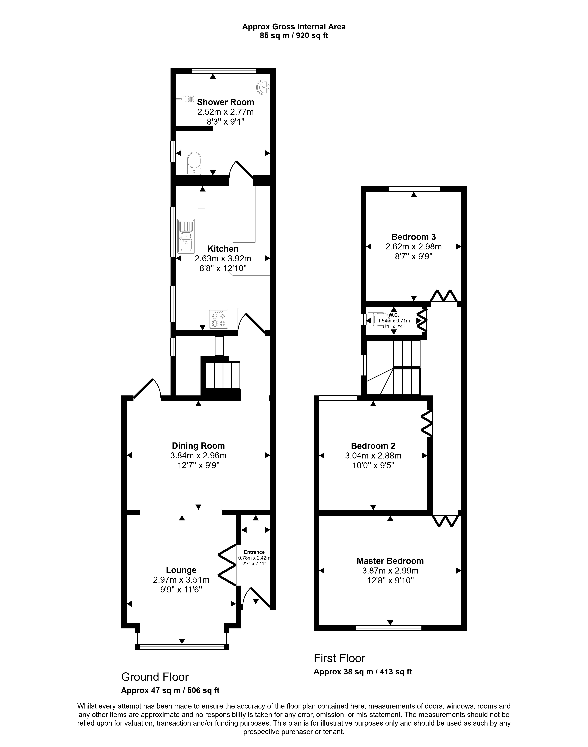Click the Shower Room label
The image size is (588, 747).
(x=225, y=102)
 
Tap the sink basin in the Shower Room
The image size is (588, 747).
(x=264, y=87)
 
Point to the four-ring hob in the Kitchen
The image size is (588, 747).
(x=218, y=319)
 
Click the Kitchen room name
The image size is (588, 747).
(x=223, y=249)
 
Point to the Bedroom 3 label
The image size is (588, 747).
(x=414, y=237)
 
